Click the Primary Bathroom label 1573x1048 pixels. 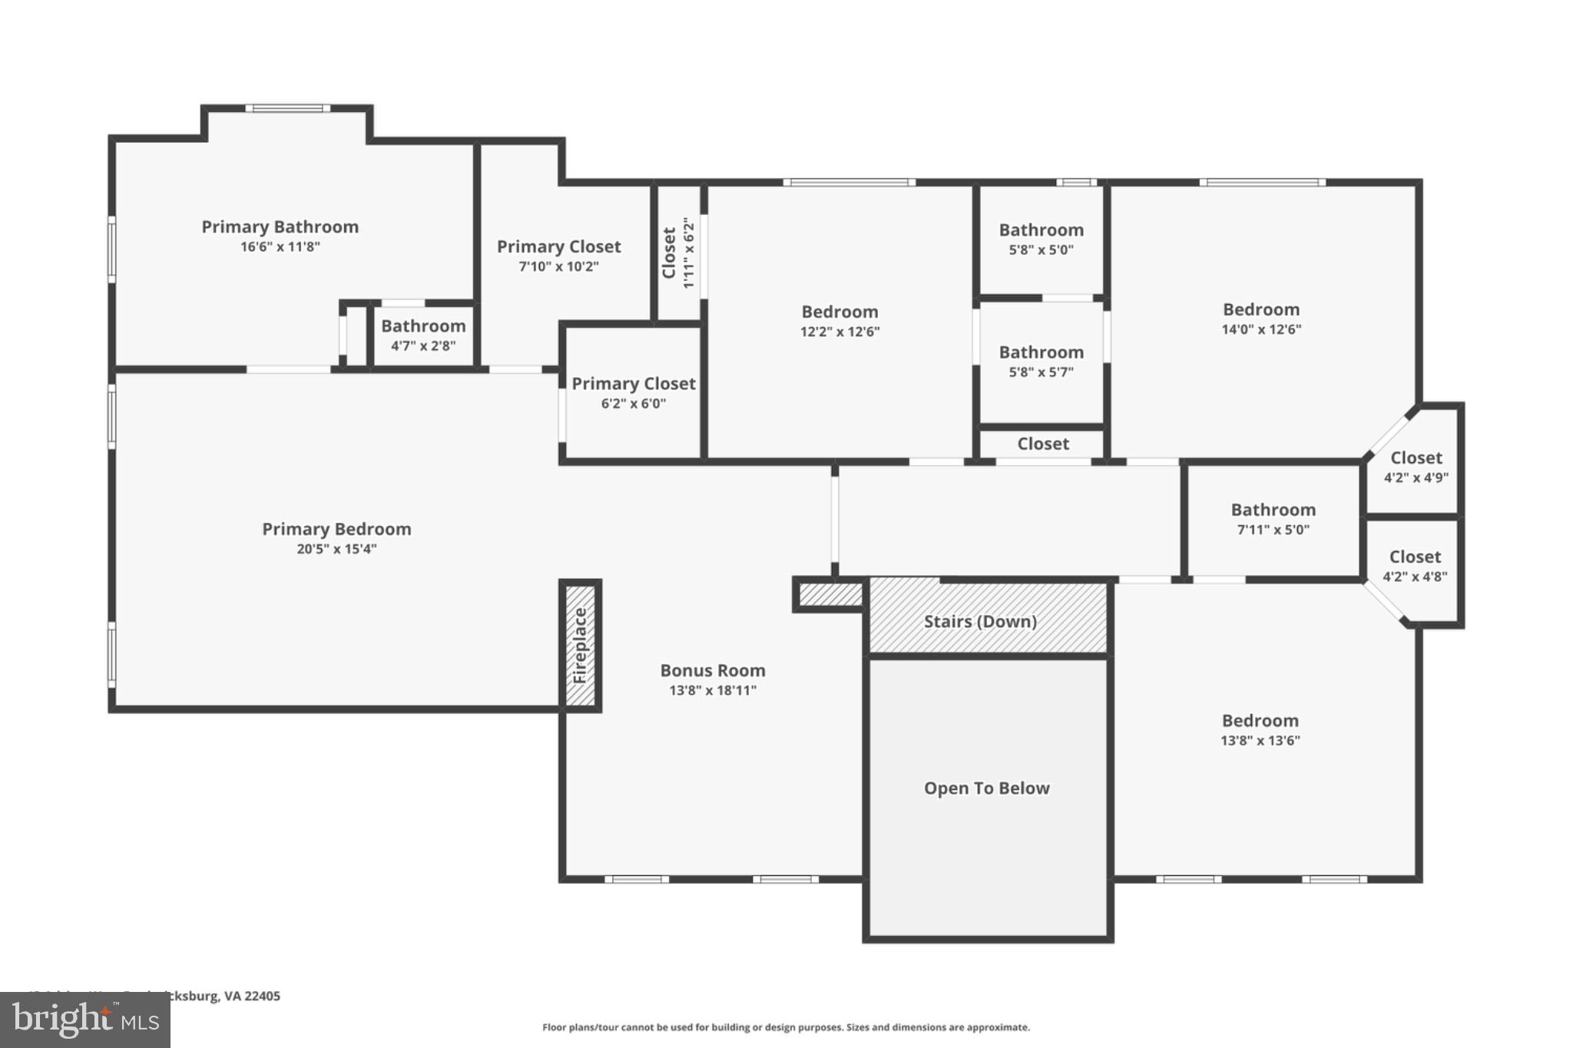(280, 226)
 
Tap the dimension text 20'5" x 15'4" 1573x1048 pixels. (336, 549)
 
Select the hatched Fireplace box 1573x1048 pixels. (581, 646)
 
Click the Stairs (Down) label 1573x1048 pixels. (980, 621)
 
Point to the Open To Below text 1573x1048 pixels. (986, 788)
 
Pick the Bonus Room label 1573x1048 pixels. (713, 670)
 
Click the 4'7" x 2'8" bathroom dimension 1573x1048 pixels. (423, 345)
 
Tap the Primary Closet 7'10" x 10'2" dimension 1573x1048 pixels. (558, 266)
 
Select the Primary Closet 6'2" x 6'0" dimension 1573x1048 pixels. (633, 404)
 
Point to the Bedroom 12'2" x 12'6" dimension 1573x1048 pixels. (839, 332)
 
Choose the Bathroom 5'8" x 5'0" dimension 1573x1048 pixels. (1041, 250)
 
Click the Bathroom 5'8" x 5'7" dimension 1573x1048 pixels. (1041, 372)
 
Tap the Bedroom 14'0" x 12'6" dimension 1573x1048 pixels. (1261, 329)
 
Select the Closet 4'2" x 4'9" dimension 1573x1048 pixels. (1416, 478)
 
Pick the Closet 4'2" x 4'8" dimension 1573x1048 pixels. (1415, 577)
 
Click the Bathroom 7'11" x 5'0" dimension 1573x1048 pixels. (1273, 530)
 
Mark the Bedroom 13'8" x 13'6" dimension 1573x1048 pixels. (1260, 741)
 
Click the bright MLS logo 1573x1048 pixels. (85, 1020)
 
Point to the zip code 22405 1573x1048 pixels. (262, 996)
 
